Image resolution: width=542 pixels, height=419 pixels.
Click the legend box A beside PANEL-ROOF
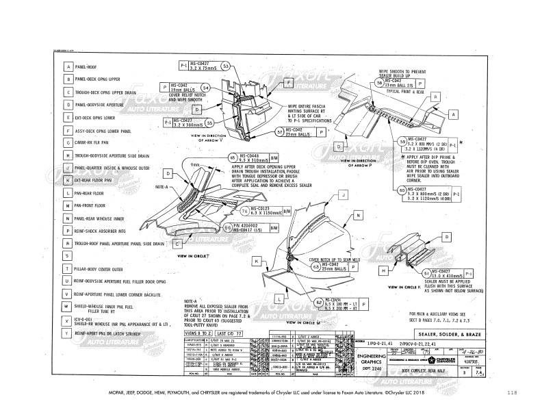(x=68, y=67)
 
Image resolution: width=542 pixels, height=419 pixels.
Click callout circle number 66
(x=227, y=228)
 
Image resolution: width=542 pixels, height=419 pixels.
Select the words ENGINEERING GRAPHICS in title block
(x=379, y=360)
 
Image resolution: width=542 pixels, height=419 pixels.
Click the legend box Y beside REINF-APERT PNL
(x=68, y=333)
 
